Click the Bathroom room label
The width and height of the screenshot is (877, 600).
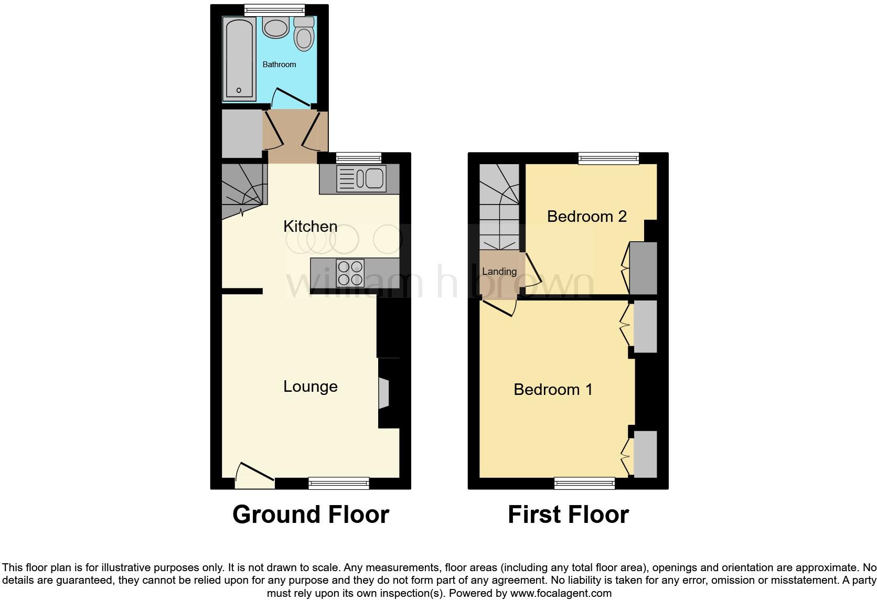279,65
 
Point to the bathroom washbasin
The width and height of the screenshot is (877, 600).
276,27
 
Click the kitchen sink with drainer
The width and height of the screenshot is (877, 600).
361,179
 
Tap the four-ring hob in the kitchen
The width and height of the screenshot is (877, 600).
351,273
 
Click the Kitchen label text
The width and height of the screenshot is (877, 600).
310,227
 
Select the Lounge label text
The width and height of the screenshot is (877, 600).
310,387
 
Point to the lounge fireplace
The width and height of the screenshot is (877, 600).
384,393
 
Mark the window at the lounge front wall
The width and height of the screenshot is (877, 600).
339,483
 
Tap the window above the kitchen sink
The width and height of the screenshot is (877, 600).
359,157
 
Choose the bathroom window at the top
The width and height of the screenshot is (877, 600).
275,9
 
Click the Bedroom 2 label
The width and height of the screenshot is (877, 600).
586,216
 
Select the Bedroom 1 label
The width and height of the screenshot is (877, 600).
553,390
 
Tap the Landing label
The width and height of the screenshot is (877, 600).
499,272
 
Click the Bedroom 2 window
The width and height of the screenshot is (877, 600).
608,158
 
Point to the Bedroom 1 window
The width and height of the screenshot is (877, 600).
585,483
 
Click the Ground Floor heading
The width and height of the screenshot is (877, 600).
311,515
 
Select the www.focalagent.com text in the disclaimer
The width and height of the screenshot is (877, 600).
561,594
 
